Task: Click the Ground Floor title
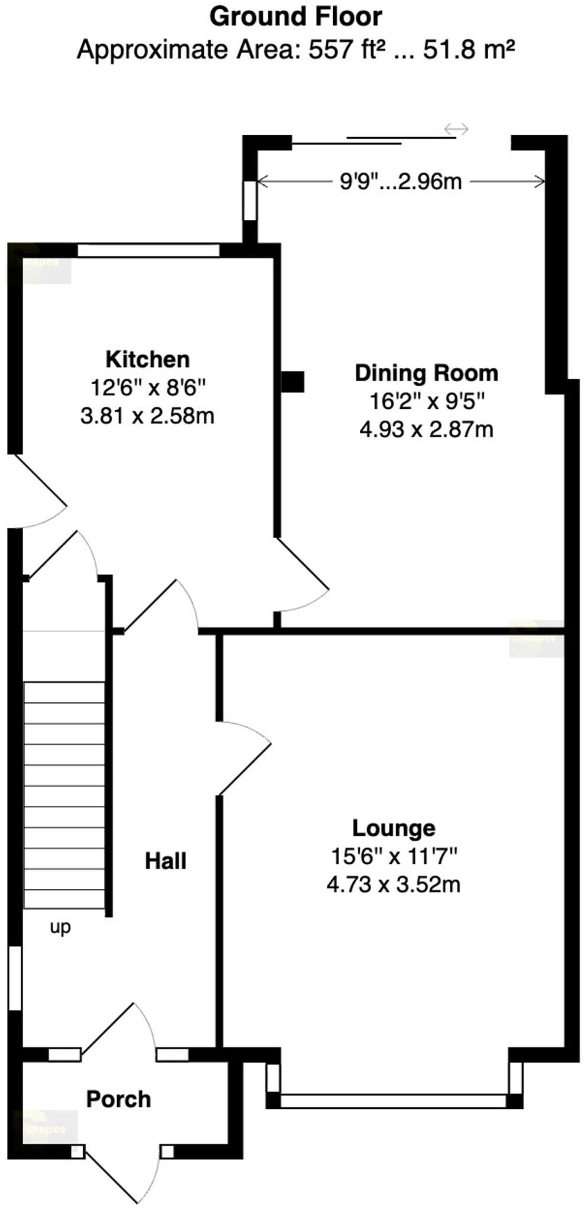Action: pos(295,17)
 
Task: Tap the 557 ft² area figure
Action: pos(346,50)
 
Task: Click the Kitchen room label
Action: pos(147,359)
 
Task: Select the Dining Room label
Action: pos(426,373)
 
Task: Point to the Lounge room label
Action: pos(394,828)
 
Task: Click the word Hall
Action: pos(165,861)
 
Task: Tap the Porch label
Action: pos(119,1099)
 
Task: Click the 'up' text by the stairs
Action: pos(60,926)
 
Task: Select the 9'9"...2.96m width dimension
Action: pos(401,181)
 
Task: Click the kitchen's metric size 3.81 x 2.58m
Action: pos(147,416)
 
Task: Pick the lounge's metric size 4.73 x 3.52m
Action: pos(394,884)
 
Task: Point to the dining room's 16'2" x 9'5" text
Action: pos(426,401)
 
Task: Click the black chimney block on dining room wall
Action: pos(292,382)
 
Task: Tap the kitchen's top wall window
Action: pos(148,251)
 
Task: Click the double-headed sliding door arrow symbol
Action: pos(456,129)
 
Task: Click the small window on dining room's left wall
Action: pos(250,200)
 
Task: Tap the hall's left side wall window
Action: pos(15,978)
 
